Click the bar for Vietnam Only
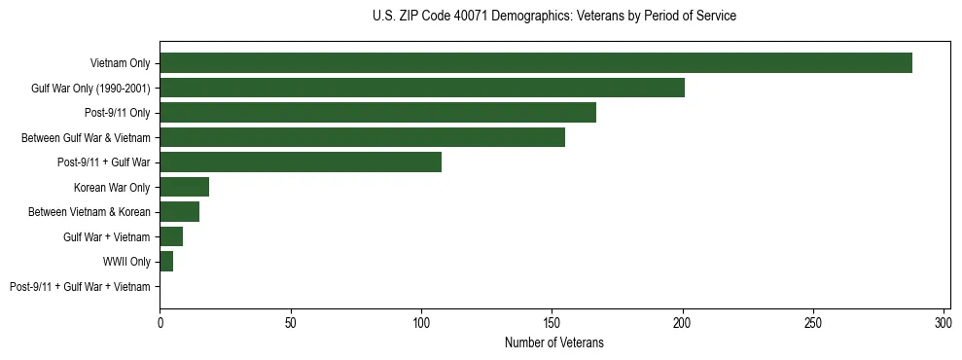(535, 63)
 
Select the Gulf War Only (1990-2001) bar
(421, 88)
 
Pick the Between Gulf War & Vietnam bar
(362, 137)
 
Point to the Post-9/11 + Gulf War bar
(300, 162)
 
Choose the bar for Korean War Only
(184, 187)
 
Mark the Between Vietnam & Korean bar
(179, 212)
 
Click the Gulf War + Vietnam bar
(171, 236)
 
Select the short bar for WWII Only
(166, 262)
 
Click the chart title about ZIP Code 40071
(554, 16)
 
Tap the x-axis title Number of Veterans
(554, 342)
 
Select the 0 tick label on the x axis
(160, 322)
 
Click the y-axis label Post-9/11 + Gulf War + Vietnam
(80, 287)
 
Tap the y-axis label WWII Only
(126, 262)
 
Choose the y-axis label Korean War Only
(112, 188)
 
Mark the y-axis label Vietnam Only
(120, 63)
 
